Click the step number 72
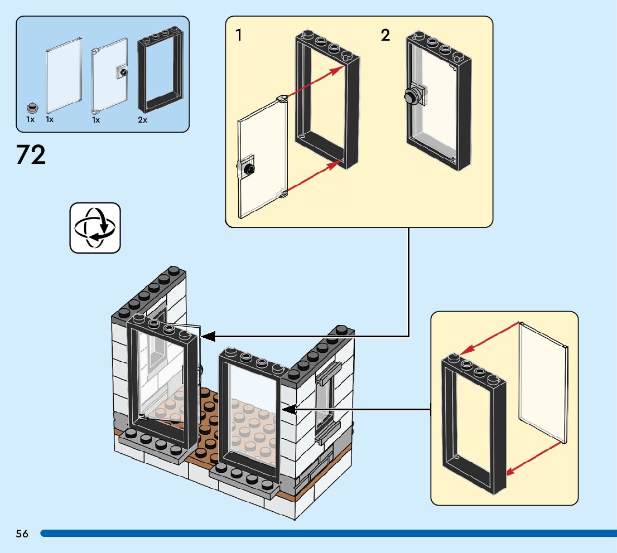(x=31, y=154)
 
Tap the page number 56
(x=22, y=533)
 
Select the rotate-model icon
(x=95, y=228)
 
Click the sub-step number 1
(x=238, y=35)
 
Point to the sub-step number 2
(x=385, y=35)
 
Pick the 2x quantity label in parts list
(x=142, y=120)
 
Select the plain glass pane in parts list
(x=64, y=75)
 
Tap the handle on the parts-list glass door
(x=122, y=72)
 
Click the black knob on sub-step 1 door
(x=249, y=169)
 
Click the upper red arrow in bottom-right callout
(x=489, y=338)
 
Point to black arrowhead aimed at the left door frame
(x=208, y=337)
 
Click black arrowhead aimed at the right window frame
(x=289, y=409)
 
